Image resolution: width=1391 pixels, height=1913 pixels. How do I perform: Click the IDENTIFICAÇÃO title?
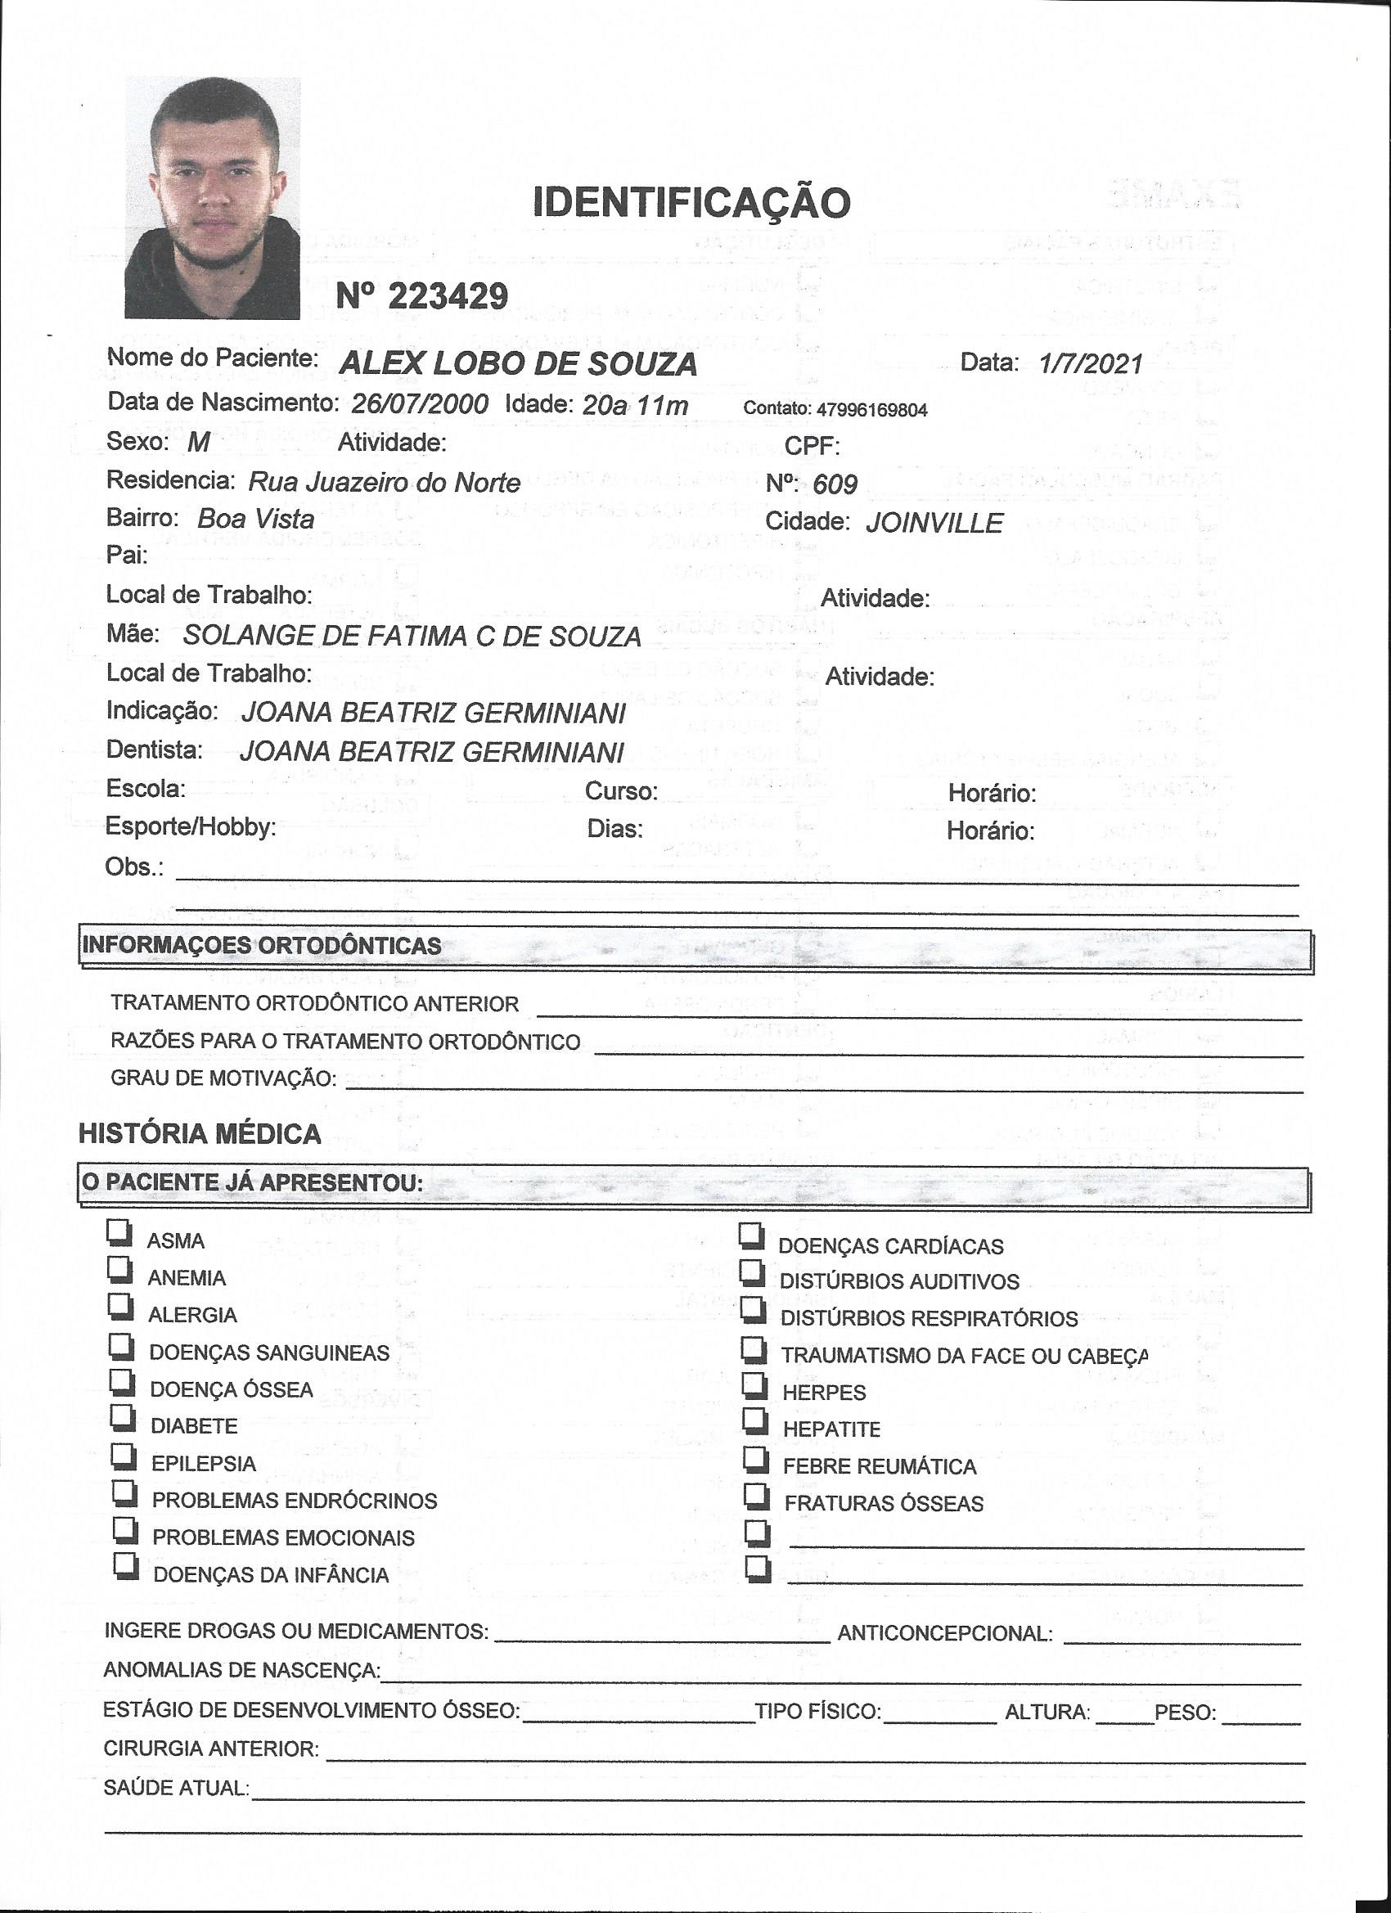[x=691, y=201]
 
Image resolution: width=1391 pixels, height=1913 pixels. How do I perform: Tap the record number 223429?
[x=447, y=296]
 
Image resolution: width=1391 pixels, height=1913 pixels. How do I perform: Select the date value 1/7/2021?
[x=1091, y=363]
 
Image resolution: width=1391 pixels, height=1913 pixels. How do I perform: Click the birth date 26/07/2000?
[x=419, y=404]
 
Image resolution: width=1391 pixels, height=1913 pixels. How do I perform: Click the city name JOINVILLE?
[x=934, y=523]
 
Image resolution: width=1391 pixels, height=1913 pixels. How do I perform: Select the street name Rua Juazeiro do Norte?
[x=384, y=483]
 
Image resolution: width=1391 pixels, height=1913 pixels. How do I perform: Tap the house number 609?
[x=835, y=484]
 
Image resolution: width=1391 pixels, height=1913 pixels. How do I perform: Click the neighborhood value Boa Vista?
[x=255, y=519]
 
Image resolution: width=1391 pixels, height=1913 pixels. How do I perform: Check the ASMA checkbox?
[x=119, y=1232]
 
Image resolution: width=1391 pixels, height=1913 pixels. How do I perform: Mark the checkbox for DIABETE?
[x=124, y=1419]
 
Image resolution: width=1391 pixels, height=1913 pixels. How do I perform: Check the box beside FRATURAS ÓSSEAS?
[x=757, y=1496]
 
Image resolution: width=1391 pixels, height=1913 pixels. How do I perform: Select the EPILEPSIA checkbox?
[x=124, y=1456]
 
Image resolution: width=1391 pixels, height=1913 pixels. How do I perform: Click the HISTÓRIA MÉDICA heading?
[x=200, y=1133]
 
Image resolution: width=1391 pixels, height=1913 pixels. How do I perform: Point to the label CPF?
[x=812, y=445]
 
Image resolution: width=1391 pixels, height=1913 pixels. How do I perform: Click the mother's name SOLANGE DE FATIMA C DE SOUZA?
[x=412, y=636]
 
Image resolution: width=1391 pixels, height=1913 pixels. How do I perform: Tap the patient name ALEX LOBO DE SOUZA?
[x=518, y=364]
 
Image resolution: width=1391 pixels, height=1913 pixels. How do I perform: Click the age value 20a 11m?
[x=635, y=406]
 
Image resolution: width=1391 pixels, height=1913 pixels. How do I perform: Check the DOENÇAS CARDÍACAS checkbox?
[x=752, y=1236]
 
